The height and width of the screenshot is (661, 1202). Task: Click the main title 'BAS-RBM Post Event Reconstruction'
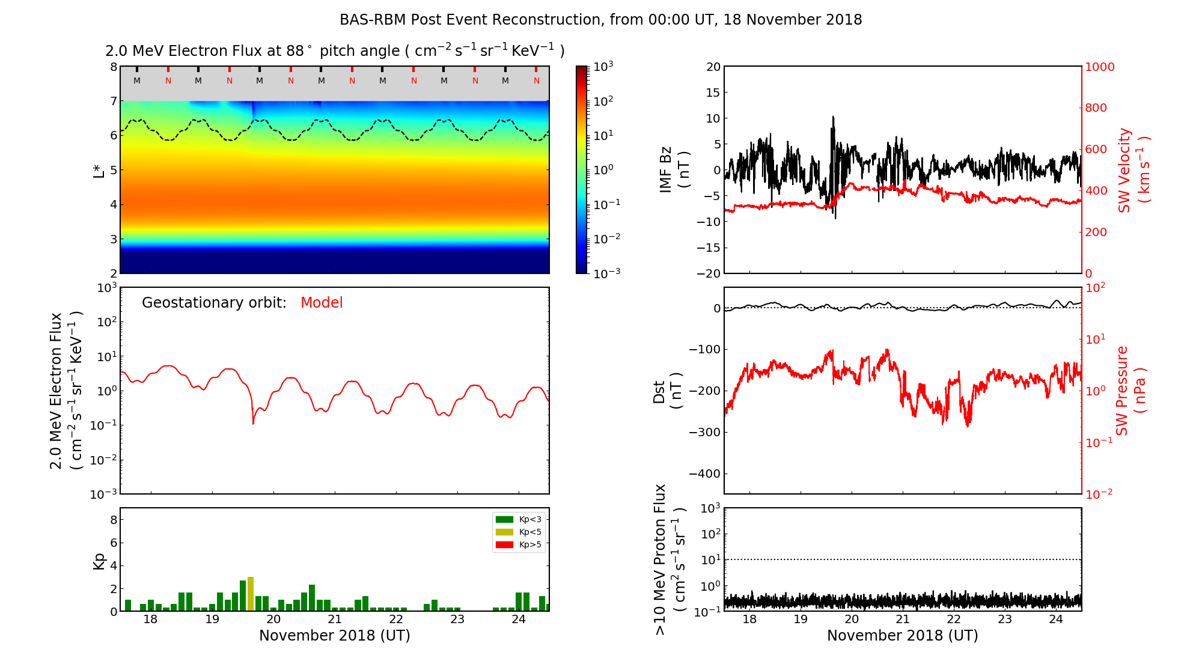tap(600, 20)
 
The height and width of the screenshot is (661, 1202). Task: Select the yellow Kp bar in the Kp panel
tap(251, 594)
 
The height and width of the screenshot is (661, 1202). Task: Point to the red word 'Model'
tap(322, 303)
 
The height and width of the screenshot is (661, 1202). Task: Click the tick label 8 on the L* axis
tap(113, 67)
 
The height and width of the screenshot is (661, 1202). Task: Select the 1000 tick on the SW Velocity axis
tap(1099, 67)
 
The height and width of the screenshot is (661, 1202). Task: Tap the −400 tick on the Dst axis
tap(704, 474)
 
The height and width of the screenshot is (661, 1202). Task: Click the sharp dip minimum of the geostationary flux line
tap(253, 424)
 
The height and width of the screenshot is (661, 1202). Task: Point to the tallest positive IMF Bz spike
tap(833, 117)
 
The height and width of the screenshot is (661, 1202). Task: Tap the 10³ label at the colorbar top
tap(603, 66)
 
